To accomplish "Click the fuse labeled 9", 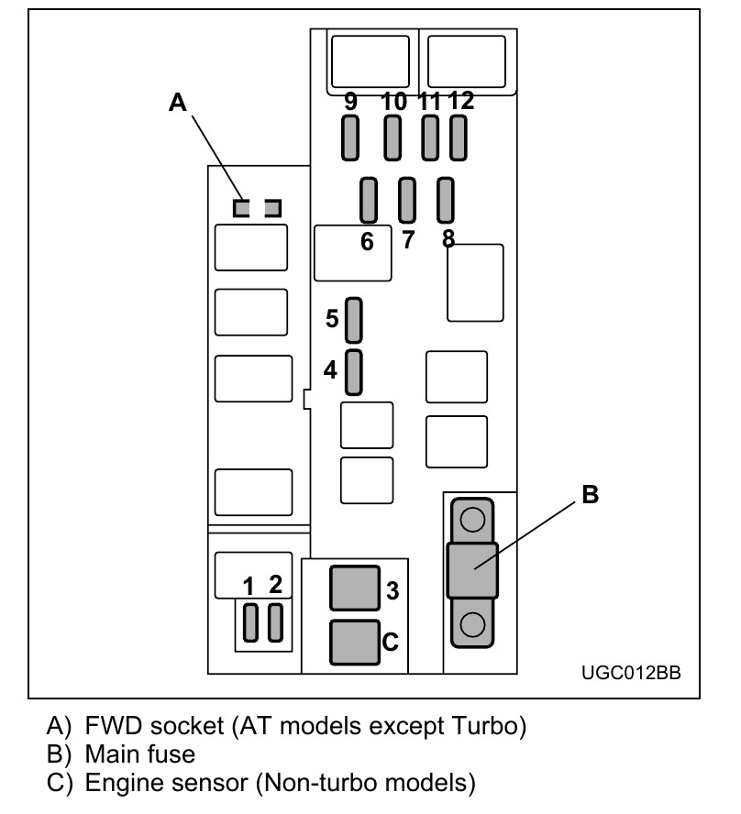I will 350,139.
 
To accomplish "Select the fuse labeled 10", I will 393,139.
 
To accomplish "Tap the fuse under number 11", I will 429,139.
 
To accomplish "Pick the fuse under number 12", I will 459,139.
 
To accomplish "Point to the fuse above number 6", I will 369,201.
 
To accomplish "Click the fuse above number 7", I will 408,201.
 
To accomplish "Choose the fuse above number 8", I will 447,201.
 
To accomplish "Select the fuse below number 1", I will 250,623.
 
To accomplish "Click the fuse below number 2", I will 274,623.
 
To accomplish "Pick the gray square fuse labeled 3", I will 355,588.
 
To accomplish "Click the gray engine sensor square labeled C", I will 355,642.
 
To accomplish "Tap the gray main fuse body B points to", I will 471,571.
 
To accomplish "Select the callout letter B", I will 591,494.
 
